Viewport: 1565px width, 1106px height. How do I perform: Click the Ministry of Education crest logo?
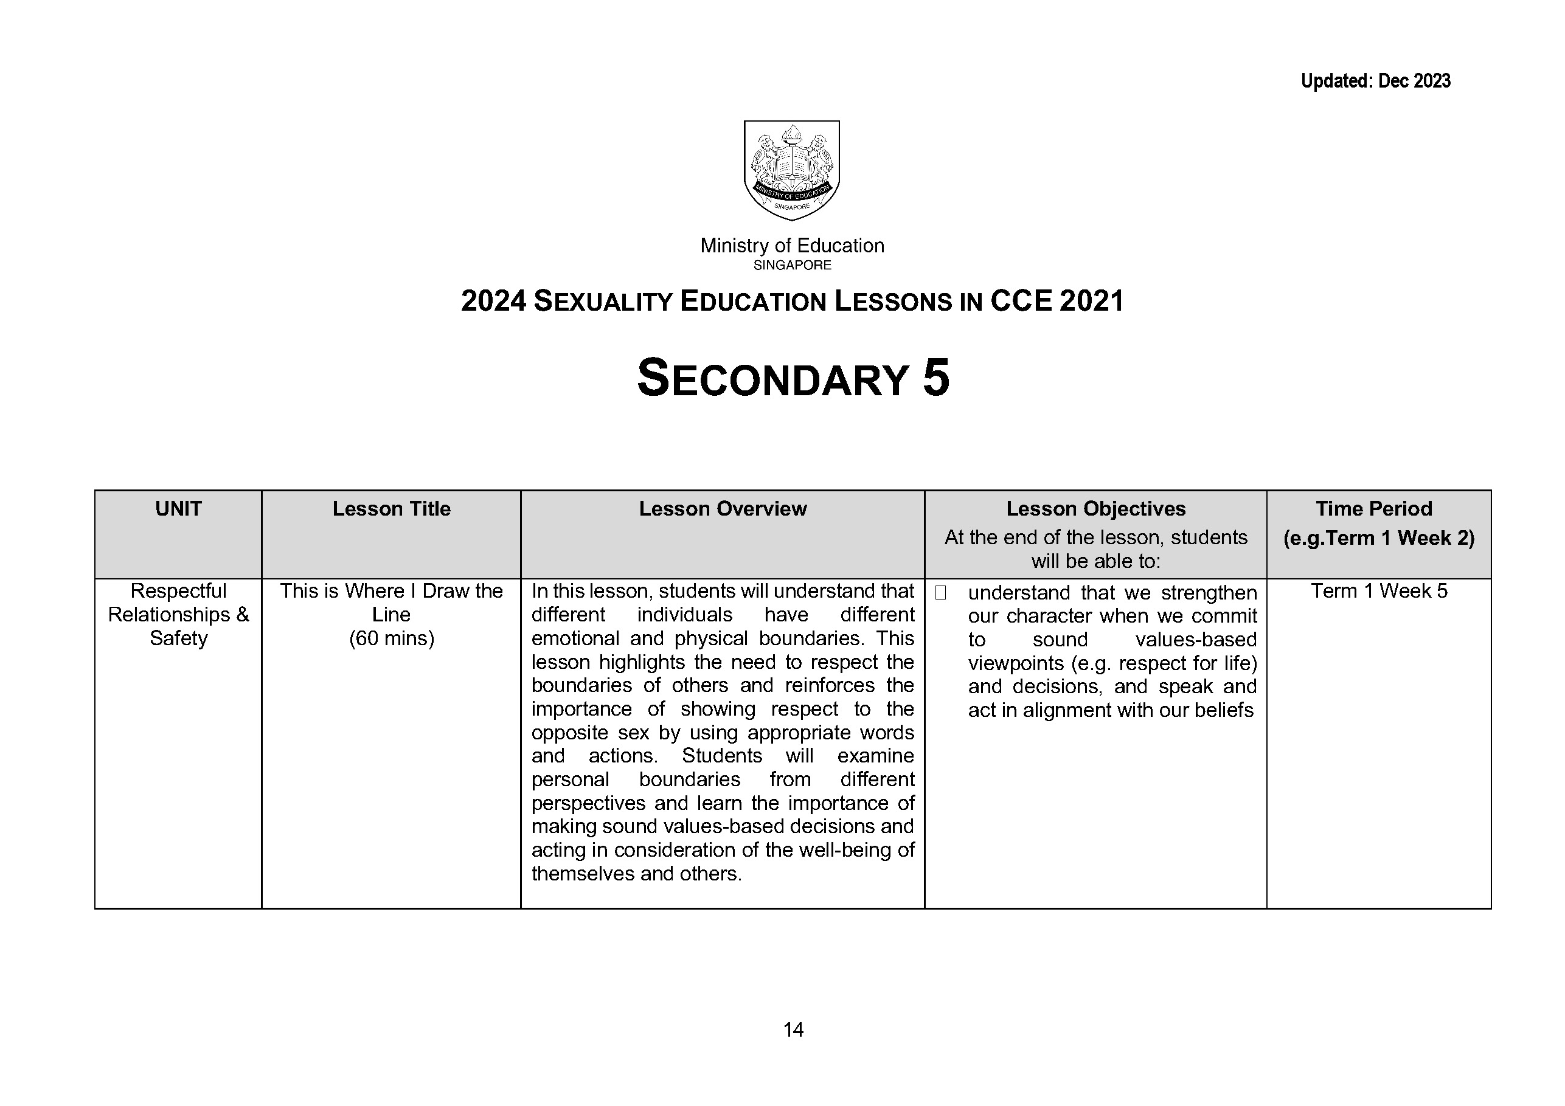tap(791, 170)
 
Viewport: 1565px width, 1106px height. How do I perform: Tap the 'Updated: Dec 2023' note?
tap(1375, 81)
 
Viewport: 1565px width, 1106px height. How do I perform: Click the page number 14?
tap(793, 1029)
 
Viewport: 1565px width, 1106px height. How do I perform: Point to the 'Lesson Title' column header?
tap(391, 509)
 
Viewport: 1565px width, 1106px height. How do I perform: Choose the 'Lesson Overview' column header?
tap(723, 509)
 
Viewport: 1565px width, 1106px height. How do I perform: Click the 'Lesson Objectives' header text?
tap(1095, 509)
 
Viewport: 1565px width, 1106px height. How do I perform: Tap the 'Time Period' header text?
tap(1373, 509)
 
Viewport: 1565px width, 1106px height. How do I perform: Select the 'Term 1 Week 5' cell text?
tap(1379, 591)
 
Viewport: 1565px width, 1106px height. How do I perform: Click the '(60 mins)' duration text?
tap(391, 638)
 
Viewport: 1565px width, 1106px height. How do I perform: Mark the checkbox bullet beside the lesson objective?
tap(940, 593)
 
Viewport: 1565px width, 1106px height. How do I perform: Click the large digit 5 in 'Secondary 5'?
tap(936, 379)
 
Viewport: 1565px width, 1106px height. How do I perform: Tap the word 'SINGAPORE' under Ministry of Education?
tap(792, 265)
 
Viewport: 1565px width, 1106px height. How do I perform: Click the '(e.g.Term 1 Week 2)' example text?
tap(1379, 538)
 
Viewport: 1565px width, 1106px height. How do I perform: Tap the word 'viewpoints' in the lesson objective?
tap(1016, 663)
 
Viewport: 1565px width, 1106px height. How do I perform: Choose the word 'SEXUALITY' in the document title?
tap(603, 302)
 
